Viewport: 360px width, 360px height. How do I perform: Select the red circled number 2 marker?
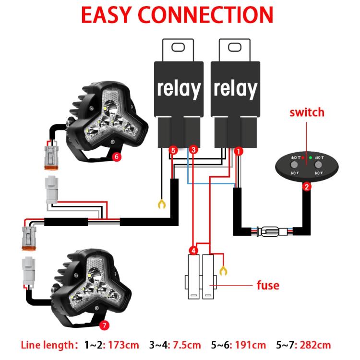click(x=306, y=187)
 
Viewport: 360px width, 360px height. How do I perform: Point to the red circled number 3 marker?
click(x=193, y=150)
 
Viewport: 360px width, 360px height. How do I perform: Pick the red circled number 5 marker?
click(x=174, y=151)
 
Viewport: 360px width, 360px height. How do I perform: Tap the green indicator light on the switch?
click(x=311, y=157)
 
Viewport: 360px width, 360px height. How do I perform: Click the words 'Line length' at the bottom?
click(x=47, y=345)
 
